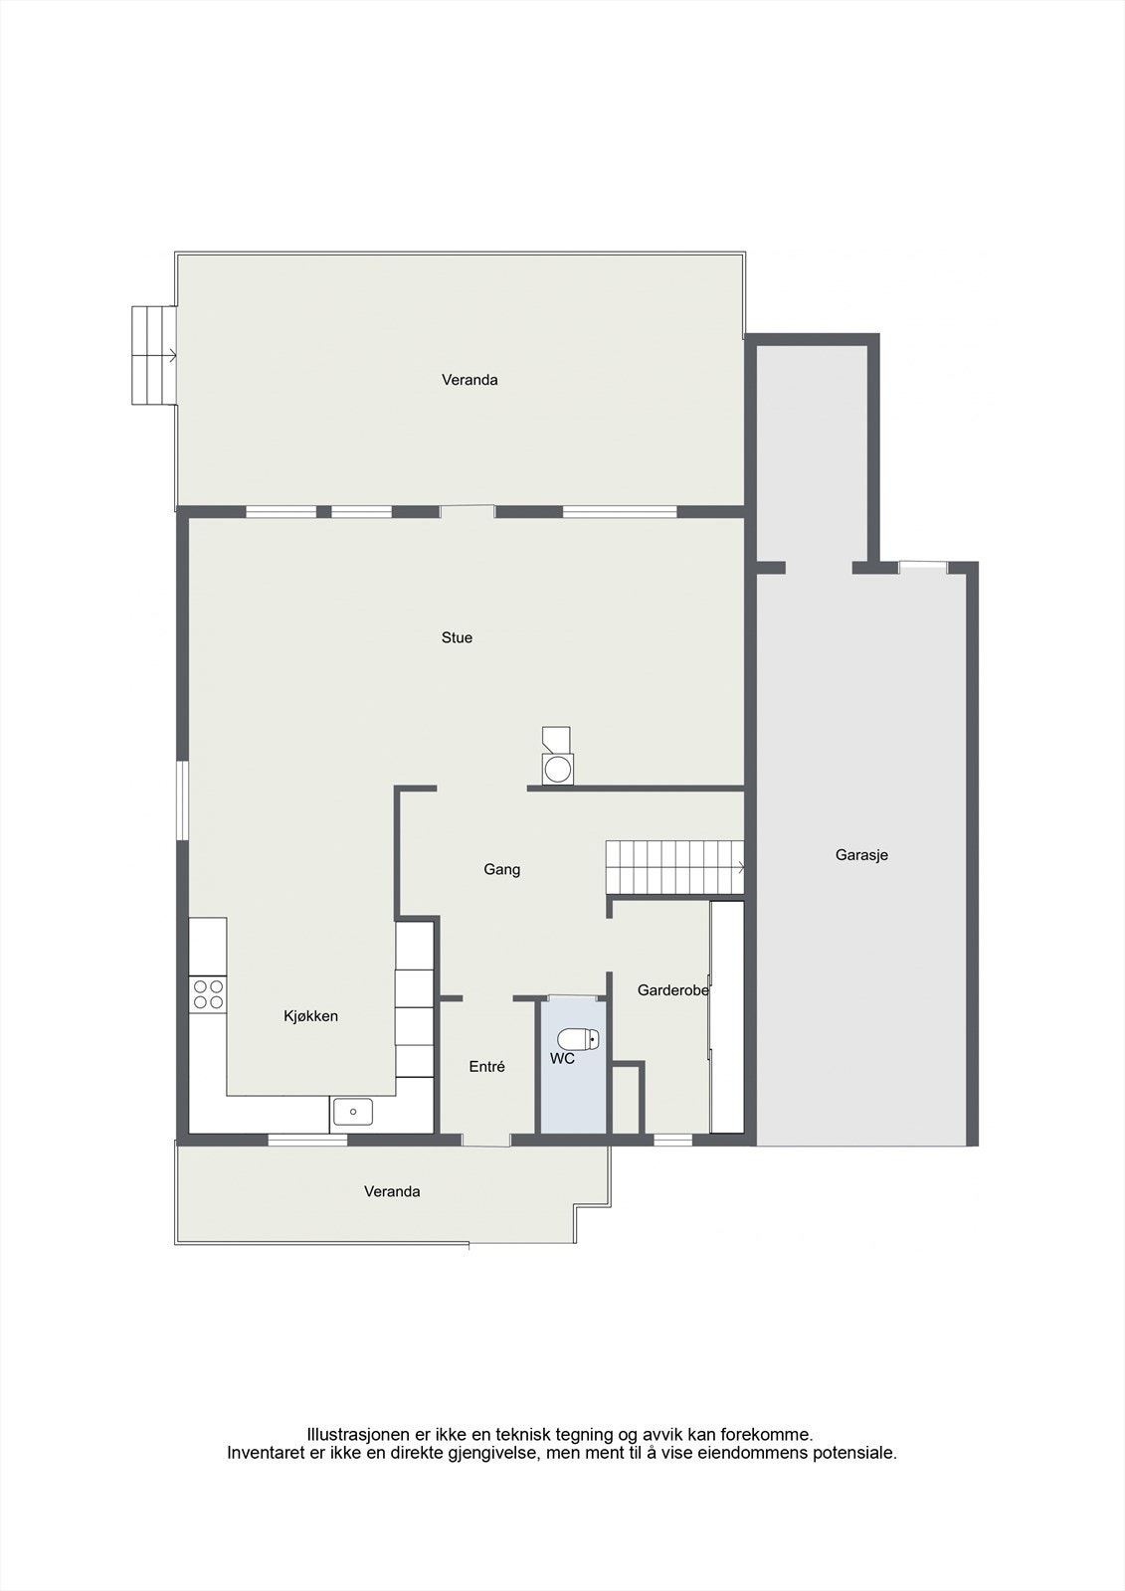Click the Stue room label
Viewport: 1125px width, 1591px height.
click(x=457, y=638)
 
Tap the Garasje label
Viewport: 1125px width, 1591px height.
click(x=861, y=855)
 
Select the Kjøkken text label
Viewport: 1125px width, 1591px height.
click(x=310, y=1016)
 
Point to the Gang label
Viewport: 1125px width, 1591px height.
click(x=501, y=870)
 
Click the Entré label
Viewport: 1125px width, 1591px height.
click(x=487, y=1067)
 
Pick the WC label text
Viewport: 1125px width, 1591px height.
click(x=562, y=1059)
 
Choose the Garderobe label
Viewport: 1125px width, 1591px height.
click(x=672, y=990)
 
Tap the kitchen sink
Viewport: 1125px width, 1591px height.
click(x=353, y=1111)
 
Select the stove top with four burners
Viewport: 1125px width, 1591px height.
click(x=209, y=994)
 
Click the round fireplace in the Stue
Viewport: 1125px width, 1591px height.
click(x=557, y=768)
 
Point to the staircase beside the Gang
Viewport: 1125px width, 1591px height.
click(x=674, y=867)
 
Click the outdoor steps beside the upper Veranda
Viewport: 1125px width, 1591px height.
click(x=154, y=355)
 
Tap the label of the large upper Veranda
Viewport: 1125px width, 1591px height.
click(x=469, y=380)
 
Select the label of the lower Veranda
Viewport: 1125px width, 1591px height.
click(x=392, y=1191)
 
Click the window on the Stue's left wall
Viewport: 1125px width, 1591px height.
click(x=183, y=800)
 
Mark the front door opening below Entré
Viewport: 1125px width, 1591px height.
click(x=486, y=1140)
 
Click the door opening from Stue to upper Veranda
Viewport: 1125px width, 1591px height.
click(x=468, y=512)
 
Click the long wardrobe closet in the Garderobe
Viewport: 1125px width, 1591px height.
click(x=727, y=1016)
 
